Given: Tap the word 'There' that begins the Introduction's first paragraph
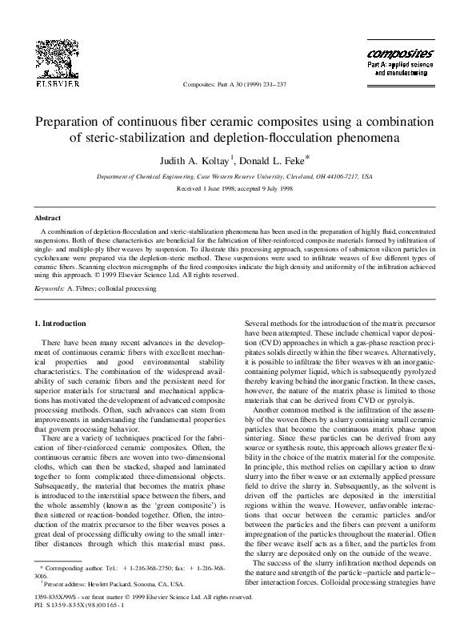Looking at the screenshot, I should (x=54, y=343).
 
